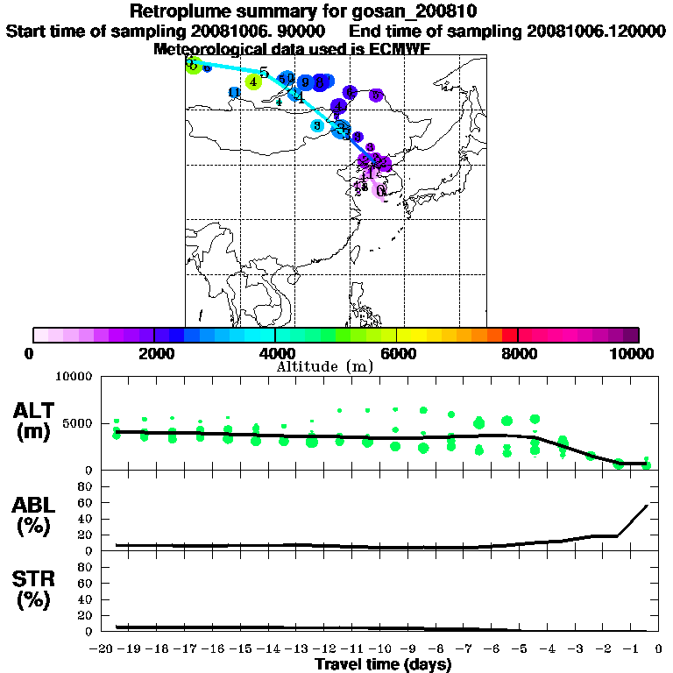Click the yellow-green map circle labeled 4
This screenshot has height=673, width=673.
click(252, 81)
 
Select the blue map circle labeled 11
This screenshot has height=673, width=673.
click(233, 93)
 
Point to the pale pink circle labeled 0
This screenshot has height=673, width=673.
click(381, 190)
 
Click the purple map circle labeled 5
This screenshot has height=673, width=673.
click(376, 95)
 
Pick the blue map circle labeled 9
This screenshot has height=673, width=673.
click(305, 82)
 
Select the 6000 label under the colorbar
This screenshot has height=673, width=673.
click(397, 353)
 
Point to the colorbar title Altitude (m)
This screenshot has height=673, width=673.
click(324, 366)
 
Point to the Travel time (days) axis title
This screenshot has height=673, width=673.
click(383, 665)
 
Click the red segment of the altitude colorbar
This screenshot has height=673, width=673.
click(509, 335)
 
